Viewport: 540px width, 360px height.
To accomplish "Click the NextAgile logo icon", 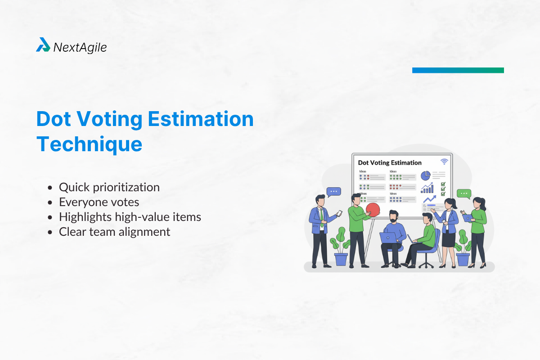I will point(43,45).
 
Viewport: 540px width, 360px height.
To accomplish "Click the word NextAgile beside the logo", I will point(80,47).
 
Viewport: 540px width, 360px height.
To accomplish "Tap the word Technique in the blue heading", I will point(89,144).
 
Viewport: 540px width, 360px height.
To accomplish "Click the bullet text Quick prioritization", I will point(109,187).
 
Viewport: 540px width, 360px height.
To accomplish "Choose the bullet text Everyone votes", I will point(99,202).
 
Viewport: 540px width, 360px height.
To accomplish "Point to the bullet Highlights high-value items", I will point(130,217).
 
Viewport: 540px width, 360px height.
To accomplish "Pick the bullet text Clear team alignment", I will point(114,232).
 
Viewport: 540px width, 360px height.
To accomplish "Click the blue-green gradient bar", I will point(458,70).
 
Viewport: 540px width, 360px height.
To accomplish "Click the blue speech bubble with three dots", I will point(333,192).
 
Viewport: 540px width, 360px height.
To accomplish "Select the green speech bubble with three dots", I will point(463,194).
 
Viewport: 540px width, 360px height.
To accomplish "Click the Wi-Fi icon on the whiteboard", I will point(444,162).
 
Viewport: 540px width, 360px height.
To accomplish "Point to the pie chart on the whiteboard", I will point(425,175).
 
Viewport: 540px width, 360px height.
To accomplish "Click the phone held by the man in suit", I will point(340,212).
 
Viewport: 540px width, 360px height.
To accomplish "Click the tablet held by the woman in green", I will point(468,218).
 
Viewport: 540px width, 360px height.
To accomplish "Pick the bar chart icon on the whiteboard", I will point(427,188).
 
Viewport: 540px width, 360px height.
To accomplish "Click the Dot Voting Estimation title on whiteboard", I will point(390,162).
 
